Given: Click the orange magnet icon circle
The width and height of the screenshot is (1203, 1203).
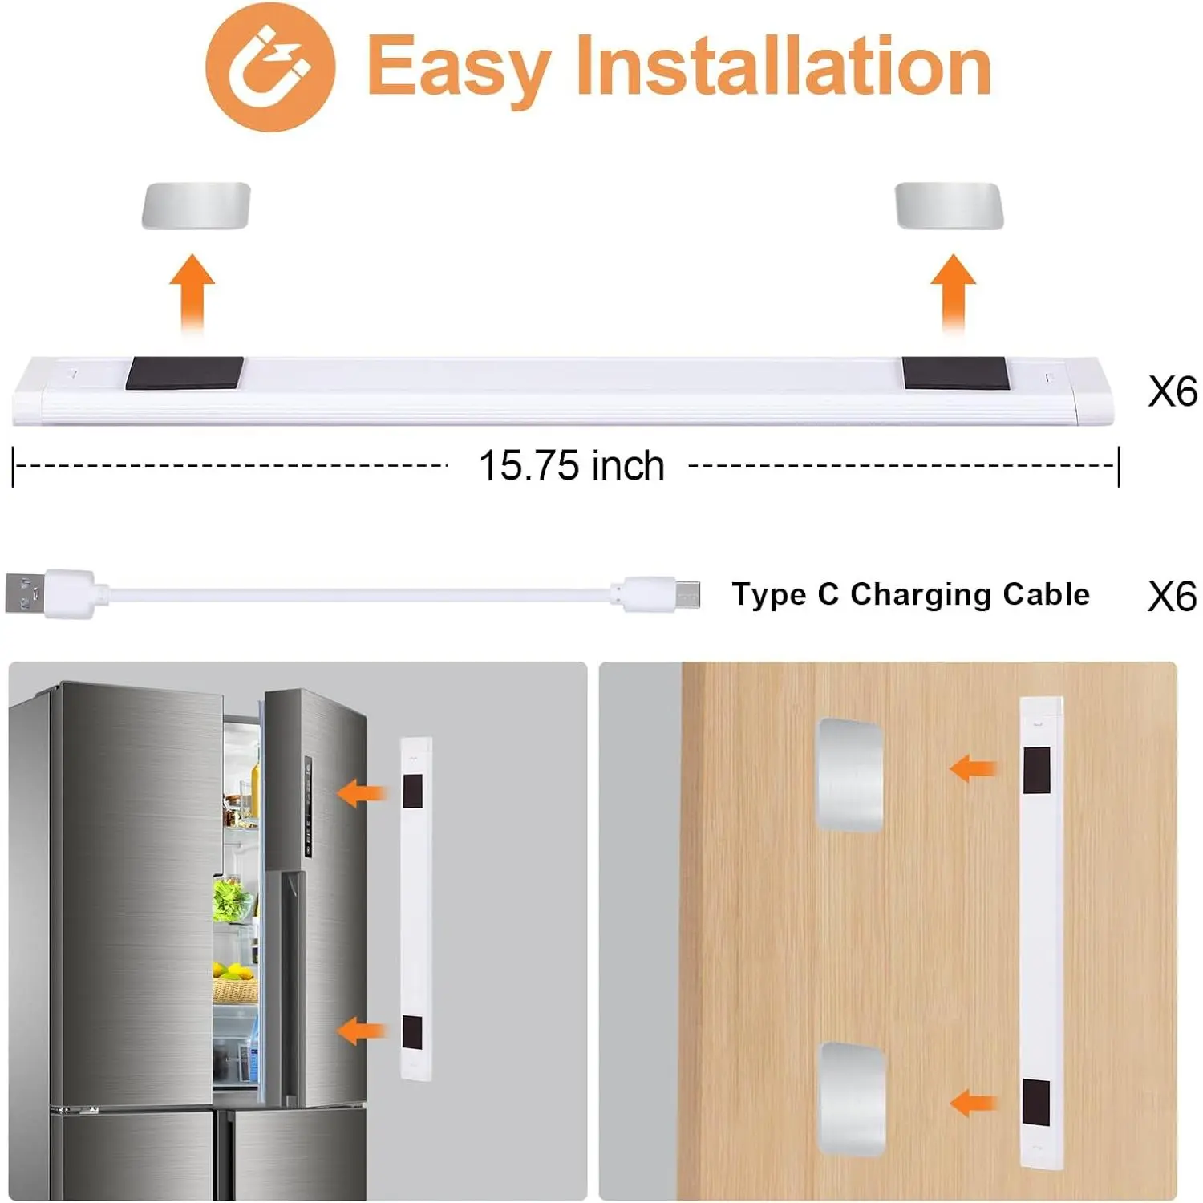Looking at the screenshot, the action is click(x=270, y=67).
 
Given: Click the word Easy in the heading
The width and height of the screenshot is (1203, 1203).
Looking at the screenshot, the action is click(x=459, y=68).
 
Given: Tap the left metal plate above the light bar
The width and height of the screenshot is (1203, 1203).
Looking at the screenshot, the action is click(x=196, y=206).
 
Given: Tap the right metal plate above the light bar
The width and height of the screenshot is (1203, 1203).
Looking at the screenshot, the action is click(x=950, y=206).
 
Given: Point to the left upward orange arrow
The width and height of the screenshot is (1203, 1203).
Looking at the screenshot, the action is click(x=192, y=294).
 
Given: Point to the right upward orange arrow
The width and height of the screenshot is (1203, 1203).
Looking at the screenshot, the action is click(x=953, y=294).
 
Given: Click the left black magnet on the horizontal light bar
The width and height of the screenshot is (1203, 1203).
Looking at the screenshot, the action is click(x=184, y=373).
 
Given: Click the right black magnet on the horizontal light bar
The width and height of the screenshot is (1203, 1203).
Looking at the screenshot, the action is click(x=955, y=373).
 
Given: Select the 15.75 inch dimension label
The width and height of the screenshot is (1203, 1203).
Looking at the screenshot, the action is click(x=572, y=466).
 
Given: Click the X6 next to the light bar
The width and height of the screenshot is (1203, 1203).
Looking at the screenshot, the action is click(x=1173, y=392).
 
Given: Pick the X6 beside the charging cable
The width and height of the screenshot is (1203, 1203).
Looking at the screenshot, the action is click(x=1173, y=597).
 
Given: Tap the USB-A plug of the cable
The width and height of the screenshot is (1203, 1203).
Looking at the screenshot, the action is click(x=50, y=594).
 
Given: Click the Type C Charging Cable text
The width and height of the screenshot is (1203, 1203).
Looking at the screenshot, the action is click(x=911, y=595).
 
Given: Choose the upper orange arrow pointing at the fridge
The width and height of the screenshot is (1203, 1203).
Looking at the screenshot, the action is click(x=363, y=794).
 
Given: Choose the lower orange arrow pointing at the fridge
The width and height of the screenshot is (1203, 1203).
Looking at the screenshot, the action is click(x=363, y=1031).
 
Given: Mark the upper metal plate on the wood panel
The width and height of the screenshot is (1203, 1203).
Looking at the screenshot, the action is click(x=850, y=775).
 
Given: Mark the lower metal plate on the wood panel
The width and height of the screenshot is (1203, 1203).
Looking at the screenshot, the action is click(x=852, y=1100).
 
